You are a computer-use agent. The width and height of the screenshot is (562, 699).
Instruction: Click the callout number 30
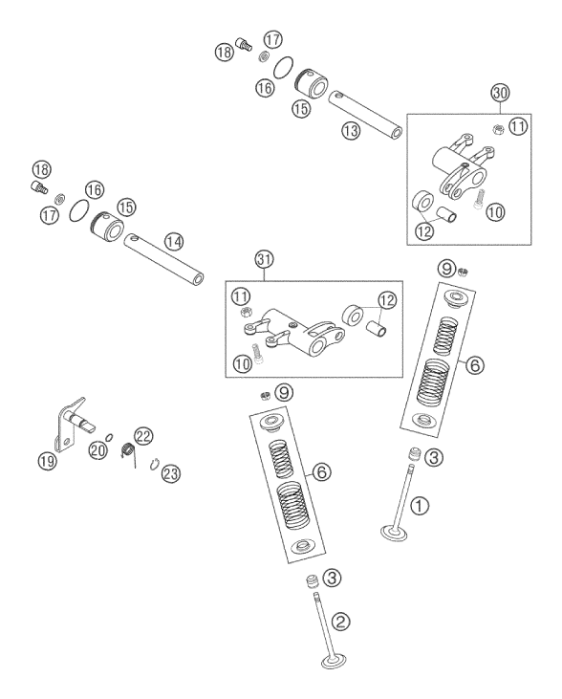[500, 93]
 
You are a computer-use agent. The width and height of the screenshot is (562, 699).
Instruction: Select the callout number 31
[264, 259]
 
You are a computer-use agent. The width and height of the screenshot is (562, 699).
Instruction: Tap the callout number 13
[351, 131]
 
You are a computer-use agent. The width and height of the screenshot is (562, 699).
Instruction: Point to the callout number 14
[173, 242]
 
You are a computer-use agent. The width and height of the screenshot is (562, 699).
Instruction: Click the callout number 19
[47, 460]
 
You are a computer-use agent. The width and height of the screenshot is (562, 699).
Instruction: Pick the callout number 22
[143, 436]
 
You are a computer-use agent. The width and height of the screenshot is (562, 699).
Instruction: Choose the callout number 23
[171, 473]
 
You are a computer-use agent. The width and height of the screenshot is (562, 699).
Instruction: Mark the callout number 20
[98, 449]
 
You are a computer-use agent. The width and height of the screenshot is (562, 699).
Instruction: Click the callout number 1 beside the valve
[419, 506]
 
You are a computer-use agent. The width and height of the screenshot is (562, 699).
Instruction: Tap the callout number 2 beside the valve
[341, 621]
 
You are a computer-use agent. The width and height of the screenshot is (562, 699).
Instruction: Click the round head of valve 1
[394, 533]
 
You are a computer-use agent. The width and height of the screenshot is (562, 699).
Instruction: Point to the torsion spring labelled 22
[128, 451]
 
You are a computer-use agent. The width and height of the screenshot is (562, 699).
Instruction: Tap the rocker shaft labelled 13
[365, 114]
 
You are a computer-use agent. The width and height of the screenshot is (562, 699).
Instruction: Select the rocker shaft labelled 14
[164, 258]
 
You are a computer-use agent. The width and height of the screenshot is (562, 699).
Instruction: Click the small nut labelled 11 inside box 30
[498, 129]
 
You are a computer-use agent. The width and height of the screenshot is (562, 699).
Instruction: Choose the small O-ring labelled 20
[109, 435]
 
